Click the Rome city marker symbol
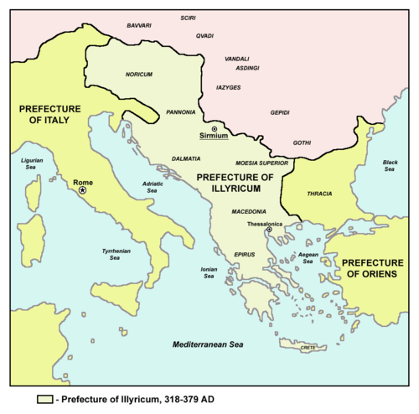[82, 191]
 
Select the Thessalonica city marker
[269, 230]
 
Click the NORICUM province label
[139, 74]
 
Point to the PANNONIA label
[182, 111]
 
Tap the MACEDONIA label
[250, 211]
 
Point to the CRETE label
[310, 346]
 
